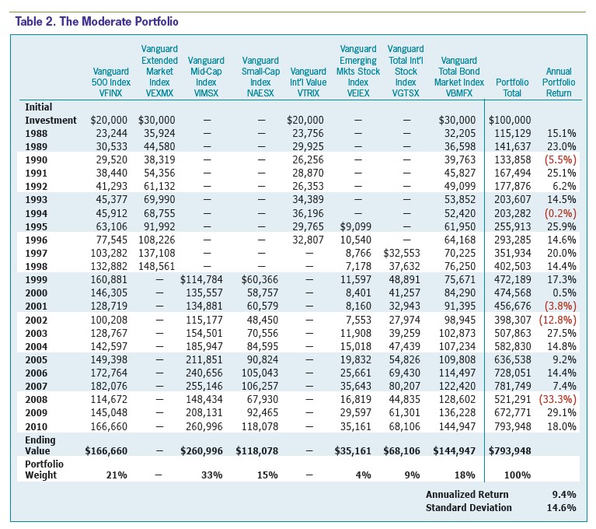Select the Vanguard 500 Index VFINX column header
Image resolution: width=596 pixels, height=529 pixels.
pos(110,82)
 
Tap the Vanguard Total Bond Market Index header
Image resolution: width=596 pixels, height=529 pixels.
pos(458,76)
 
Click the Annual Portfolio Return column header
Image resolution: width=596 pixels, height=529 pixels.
pos(559,82)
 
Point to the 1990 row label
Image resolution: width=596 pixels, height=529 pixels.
pos(36,159)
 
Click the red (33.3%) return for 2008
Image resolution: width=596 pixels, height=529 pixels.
pos(558,400)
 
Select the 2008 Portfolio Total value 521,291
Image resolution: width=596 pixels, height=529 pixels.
pos(512,400)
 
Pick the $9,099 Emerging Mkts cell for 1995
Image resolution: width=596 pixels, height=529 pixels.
pos(355,227)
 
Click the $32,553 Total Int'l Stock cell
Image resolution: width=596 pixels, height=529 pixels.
pos(402,253)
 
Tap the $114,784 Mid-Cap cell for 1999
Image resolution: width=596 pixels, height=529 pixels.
pos(201,280)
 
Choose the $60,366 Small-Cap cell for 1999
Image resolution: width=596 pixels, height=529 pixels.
pos(260,280)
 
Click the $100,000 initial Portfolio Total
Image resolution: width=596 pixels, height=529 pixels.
pos(510,121)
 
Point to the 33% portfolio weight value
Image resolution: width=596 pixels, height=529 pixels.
pos(211,475)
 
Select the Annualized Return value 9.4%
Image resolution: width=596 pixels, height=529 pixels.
pos(564,494)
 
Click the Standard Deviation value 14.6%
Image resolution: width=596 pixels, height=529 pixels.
pos(561,508)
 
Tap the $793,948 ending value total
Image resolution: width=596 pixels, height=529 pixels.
pos(510,451)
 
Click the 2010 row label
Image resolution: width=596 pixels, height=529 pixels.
pos(36,426)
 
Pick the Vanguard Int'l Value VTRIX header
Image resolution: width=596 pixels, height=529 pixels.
pos(308,82)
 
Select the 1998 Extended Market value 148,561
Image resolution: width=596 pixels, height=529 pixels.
pos(157,266)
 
